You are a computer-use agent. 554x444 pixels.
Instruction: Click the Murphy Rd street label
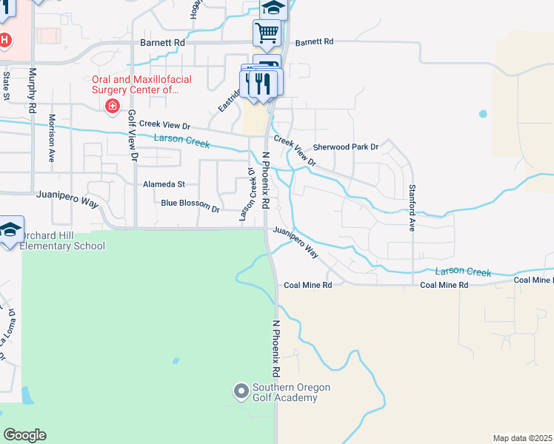coord(32,90)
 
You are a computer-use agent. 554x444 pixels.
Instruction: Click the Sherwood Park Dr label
coord(346,147)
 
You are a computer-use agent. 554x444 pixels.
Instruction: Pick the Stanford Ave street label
coord(413,207)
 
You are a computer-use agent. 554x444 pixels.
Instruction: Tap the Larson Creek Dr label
coord(247,194)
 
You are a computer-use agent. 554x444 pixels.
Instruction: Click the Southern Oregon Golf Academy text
coord(291,392)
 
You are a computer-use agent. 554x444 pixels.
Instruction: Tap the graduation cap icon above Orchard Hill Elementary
coord(10,229)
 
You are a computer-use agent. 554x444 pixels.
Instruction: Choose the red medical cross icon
coord(113,107)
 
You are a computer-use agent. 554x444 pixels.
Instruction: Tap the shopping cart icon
coord(267,32)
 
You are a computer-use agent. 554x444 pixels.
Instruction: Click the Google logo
coord(24,435)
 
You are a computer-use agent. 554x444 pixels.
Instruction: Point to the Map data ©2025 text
coord(522,438)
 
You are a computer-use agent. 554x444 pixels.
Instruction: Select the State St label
coord(6,85)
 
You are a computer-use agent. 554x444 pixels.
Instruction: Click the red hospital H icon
coord(4,39)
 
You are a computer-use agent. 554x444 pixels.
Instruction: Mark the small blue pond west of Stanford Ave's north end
coord(484,115)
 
